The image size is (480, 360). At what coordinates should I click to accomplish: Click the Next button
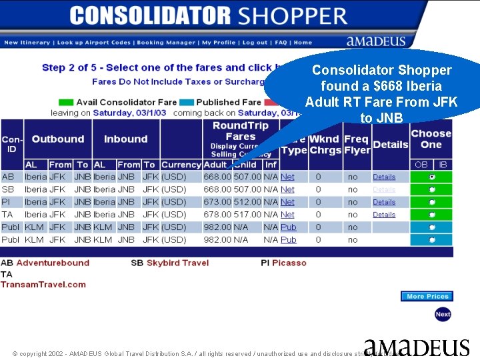point(443,314)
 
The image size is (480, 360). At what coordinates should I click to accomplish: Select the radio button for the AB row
point(432,177)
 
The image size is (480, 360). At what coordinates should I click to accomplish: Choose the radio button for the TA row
point(432,215)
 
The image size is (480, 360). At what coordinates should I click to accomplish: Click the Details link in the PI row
point(384,202)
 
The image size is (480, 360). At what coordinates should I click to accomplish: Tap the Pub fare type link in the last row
point(288,240)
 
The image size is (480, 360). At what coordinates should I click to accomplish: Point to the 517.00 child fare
point(247,215)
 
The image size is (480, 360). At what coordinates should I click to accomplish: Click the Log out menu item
point(255,43)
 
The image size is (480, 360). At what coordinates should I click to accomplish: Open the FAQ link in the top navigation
point(281,43)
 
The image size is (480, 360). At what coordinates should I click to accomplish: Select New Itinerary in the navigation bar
point(27,43)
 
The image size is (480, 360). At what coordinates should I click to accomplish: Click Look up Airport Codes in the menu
point(94,43)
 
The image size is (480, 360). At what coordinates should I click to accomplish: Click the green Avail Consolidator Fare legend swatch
point(66,103)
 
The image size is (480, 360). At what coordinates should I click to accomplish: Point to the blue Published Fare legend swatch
point(187,103)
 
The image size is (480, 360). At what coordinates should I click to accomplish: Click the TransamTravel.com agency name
point(43,285)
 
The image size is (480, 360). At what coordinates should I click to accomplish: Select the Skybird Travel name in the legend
point(177,263)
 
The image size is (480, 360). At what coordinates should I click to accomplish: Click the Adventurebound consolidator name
point(53,263)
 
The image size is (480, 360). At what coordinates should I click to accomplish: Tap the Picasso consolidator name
point(289,263)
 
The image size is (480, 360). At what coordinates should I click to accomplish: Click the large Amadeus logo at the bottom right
point(416,347)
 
